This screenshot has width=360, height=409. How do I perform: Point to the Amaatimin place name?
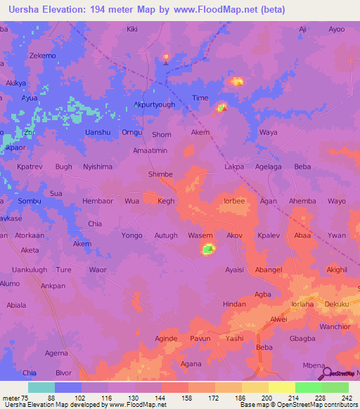point(150,150)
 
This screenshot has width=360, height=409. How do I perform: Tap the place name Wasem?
point(200,235)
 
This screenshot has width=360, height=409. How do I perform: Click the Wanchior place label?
point(336,327)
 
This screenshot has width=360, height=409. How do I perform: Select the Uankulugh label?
point(29,269)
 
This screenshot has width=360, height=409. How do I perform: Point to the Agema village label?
point(56,353)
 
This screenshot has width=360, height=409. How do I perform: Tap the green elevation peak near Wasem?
point(208,249)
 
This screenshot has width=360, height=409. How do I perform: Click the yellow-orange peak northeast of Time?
point(236,82)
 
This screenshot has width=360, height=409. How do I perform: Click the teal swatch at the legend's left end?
point(41,387)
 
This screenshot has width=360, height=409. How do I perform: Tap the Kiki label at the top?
point(131,30)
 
